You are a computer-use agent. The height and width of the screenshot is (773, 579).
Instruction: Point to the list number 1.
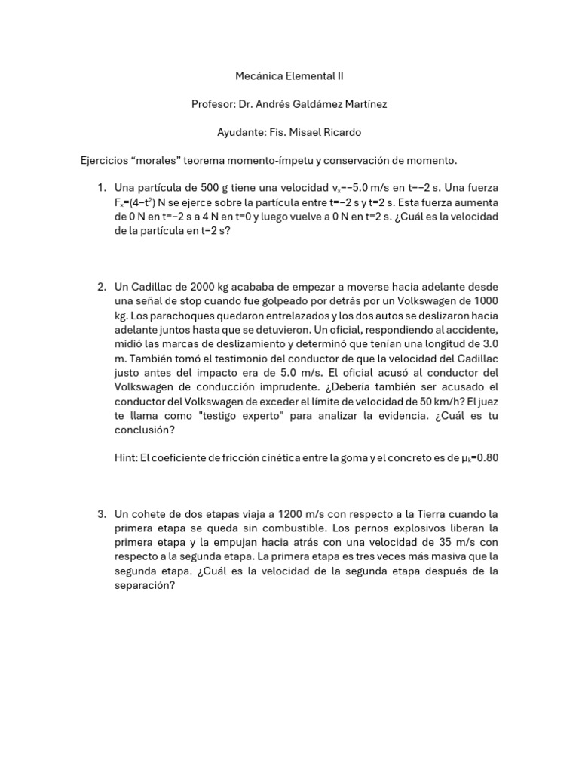tap(101, 188)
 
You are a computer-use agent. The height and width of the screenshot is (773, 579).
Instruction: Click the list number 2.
tap(101, 287)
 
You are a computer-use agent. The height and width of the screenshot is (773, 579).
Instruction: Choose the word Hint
tap(127, 457)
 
